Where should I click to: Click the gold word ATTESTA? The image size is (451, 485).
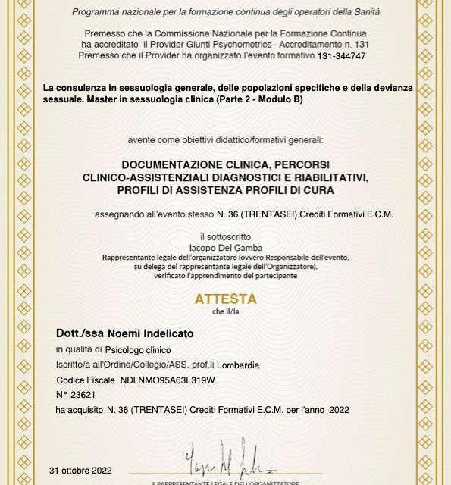pos(227,299)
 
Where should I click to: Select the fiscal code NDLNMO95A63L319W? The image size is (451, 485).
pos(168,379)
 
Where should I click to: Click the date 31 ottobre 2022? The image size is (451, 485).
pos(80,470)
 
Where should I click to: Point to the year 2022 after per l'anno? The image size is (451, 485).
pos(340,410)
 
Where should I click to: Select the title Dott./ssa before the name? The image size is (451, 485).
pos(80,333)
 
